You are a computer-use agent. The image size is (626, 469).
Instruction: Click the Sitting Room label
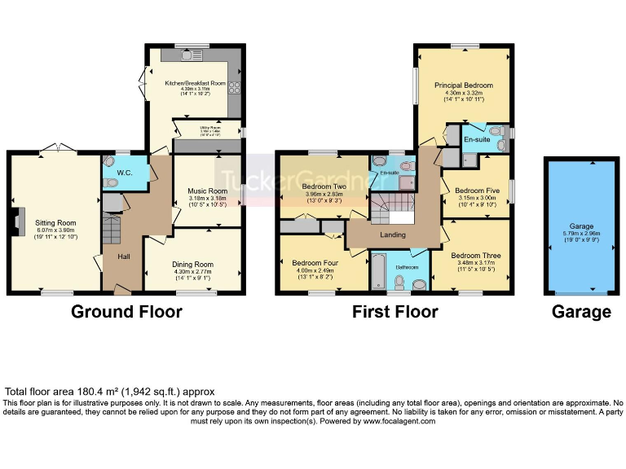[x=55, y=222]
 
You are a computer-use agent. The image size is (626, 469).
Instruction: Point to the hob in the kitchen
[x=234, y=87]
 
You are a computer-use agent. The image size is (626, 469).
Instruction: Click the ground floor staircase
[x=112, y=231]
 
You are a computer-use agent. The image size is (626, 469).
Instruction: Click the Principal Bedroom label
[x=463, y=85]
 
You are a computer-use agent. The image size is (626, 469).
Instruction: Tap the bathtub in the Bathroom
[x=380, y=271]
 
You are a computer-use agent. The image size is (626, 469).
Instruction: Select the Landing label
[x=395, y=235]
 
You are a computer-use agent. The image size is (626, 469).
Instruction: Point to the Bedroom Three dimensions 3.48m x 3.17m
[x=476, y=263]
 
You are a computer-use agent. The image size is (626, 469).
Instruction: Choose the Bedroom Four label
[x=311, y=262]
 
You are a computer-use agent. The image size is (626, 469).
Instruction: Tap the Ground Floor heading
[x=126, y=312]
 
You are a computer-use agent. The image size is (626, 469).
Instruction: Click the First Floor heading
[x=395, y=312]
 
